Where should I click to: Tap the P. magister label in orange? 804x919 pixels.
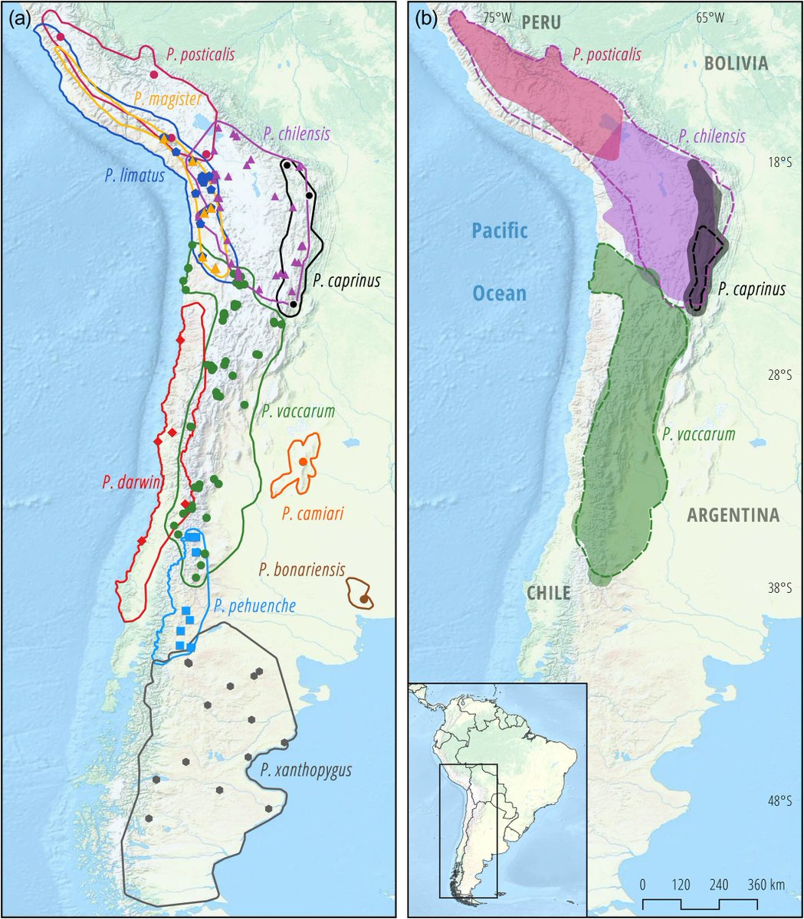point(167,98)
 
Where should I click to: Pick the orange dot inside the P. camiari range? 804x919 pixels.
point(304,462)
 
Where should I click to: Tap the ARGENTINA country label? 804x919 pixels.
point(733,515)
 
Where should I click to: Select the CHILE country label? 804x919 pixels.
point(548,592)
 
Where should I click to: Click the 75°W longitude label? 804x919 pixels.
point(495,17)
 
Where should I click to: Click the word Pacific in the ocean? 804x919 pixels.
point(500,230)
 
